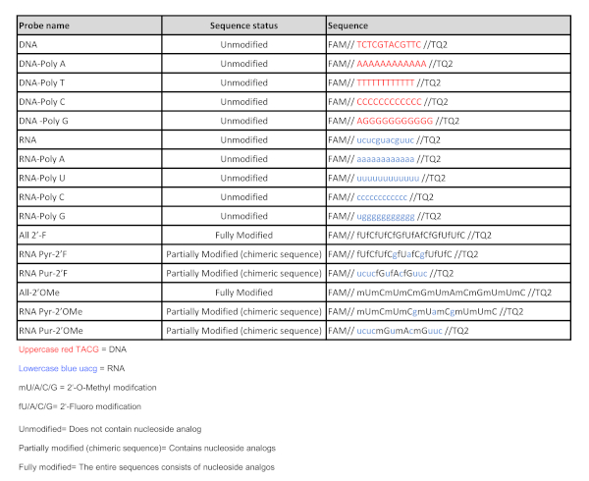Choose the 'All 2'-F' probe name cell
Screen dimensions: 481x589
click(39, 236)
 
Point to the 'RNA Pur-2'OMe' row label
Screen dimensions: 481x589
click(52, 331)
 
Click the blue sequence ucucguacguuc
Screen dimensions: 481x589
click(391, 140)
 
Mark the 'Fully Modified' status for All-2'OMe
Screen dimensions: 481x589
click(244, 293)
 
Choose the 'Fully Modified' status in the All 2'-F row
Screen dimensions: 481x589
click(244, 236)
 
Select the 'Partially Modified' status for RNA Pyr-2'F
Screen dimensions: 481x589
click(244, 254)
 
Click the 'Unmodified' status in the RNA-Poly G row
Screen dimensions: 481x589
click(244, 216)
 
